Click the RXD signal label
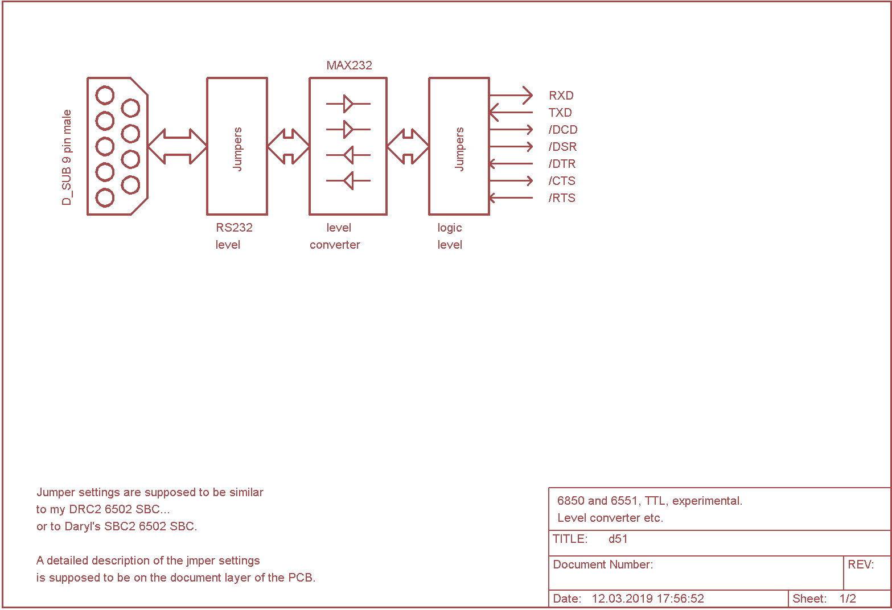[561, 96]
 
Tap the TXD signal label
[560, 113]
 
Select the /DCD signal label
[562, 130]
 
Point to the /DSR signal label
[562, 147]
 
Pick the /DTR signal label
[562, 164]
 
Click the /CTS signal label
[562, 181]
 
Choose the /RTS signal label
[562, 198]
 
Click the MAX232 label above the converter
[349, 65]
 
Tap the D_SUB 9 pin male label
[67, 158]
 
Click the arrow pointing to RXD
[511, 96]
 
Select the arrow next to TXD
[511, 113]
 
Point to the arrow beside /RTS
[511, 198]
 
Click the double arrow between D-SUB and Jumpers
[177, 147]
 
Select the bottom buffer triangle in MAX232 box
[348, 181]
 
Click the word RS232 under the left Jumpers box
[234, 228]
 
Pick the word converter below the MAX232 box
[335, 245]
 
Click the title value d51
[618, 539]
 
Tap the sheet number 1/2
[848, 599]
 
